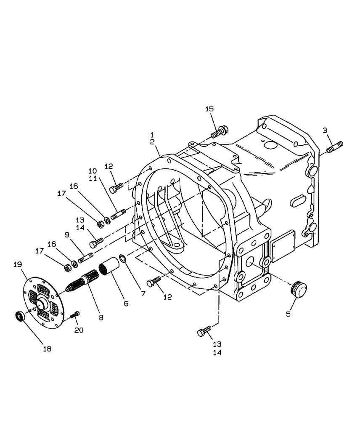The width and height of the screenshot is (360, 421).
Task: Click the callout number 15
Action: pos(209,109)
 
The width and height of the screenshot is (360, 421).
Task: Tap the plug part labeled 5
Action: pos(299,290)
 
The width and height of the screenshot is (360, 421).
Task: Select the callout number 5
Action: pos(288,314)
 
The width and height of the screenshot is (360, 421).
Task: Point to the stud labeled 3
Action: pos(335,147)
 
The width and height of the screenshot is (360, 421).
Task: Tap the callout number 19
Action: pos(17,264)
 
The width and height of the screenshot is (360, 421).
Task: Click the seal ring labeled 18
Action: pos(20,316)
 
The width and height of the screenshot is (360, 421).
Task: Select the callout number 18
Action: pos(48,349)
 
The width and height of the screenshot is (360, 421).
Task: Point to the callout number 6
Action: pos(126,303)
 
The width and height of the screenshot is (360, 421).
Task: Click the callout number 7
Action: pos(143,293)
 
